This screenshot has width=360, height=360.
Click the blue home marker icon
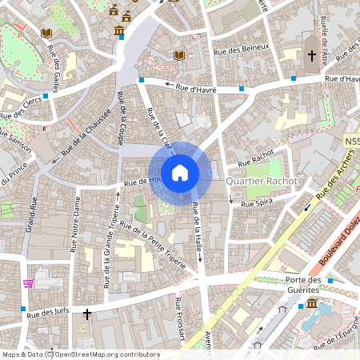pyautogui.click(x=180, y=172)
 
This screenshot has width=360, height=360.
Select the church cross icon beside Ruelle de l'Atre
pyautogui.click(x=311, y=56)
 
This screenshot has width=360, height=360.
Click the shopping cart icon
pyautogui.click(x=29, y=282)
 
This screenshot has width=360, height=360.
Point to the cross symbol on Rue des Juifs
pyautogui.click(x=86, y=314)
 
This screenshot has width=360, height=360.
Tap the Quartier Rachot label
pyautogui.click(x=261, y=182)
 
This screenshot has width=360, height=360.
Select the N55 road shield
pyautogui.click(x=351, y=141)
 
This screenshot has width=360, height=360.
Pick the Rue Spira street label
pyautogui.click(x=258, y=204)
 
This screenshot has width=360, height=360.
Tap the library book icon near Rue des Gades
pyautogui.click(x=46, y=33)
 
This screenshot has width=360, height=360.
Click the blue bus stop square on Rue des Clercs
pyautogui.click(x=46, y=95)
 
